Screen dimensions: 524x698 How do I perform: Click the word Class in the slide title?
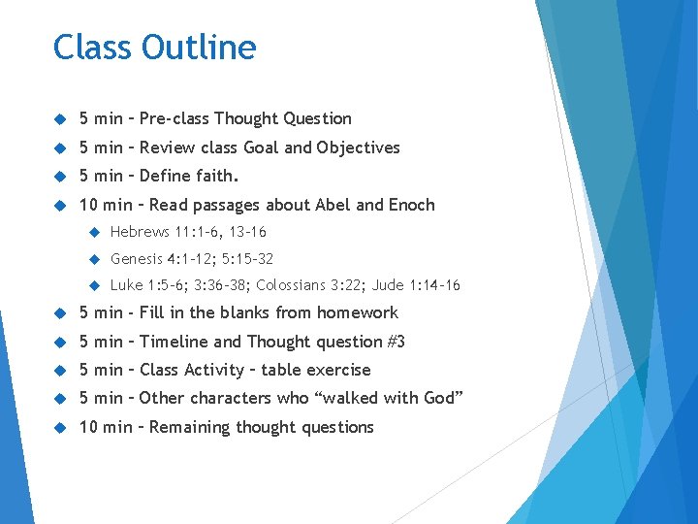point(93,47)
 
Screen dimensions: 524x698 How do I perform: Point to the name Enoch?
point(411,205)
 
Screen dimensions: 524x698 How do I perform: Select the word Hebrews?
point(141,232)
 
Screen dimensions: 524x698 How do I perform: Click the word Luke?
point(126,285)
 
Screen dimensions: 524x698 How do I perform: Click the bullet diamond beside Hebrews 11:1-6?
point(95,232)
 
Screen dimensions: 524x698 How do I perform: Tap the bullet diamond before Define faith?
point(59,177)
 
